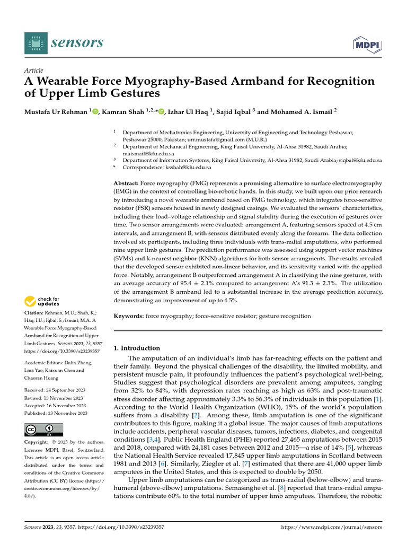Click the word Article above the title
(34, 71)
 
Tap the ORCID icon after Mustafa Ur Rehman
(96, 112)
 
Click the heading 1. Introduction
(137, 348)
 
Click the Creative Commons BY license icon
(43, 430)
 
